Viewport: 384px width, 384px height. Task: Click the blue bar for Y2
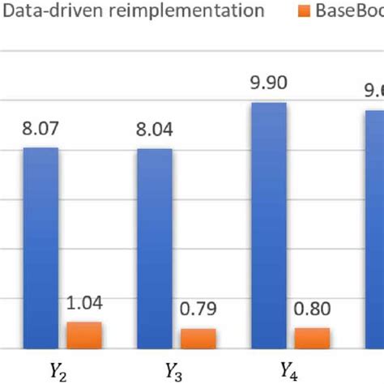click(41, 247)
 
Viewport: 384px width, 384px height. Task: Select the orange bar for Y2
click(84, 335)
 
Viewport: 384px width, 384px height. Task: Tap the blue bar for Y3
click(155, 248)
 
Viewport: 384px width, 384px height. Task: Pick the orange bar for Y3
click(198, 338)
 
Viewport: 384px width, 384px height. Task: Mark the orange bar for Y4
click(313, 338)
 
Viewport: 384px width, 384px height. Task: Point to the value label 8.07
click(41, 127)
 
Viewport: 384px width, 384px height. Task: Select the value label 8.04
click(155, 129)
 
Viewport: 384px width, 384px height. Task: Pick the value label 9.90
click(269, 83)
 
